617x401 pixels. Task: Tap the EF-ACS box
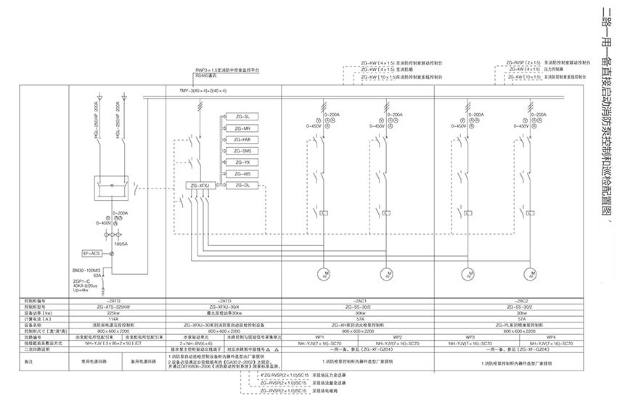click(x=92, y=253)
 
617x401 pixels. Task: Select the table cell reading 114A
click(x=113, y=318)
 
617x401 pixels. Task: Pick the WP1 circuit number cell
click(x=319, y=337)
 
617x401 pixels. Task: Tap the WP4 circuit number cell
click(x=551, y=337)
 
